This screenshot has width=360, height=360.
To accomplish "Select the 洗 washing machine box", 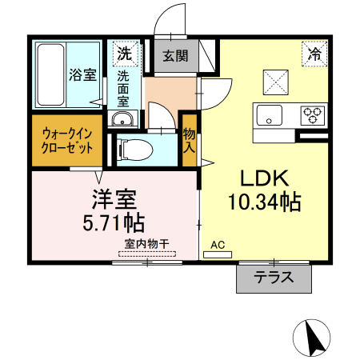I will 124,54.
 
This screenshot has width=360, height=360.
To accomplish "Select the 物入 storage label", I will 190,141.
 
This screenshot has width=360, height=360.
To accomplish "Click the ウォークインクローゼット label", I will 67,141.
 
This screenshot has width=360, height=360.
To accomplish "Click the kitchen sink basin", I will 270,114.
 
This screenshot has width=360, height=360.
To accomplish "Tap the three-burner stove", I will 312,114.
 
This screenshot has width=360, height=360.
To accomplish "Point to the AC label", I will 218,246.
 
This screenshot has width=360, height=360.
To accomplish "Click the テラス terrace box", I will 274,278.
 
